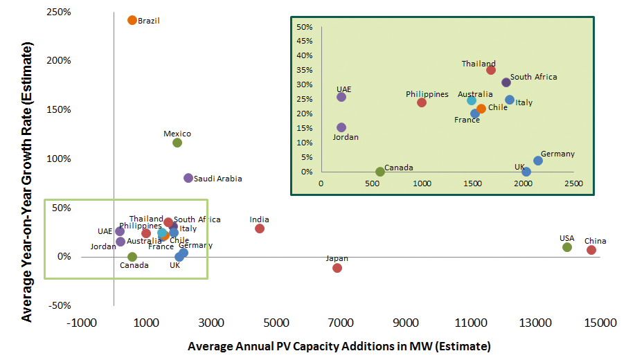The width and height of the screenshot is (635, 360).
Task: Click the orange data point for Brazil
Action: [x=132, y=20]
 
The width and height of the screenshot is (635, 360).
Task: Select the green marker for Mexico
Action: [x=177, y=143]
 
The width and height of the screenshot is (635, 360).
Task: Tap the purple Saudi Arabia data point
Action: [x=188, y=178]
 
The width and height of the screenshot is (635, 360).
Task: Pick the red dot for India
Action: [x=260, y=228]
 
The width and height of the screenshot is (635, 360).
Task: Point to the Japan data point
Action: [x=337, y=268]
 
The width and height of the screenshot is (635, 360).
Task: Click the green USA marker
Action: [x=567, y=247]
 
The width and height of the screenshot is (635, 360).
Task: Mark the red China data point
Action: [x=591, y=250]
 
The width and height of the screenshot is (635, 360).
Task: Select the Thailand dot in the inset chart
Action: [x=491, y=70]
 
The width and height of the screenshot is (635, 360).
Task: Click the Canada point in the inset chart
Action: [x=380, y=172]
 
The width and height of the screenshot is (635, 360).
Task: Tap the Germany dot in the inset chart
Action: [x=538, y=161]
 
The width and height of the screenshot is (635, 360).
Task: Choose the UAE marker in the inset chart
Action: [x=341, y=97]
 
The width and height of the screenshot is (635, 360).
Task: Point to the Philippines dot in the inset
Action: [x=422, y=102]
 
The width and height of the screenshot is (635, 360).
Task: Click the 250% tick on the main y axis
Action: [x=58, y=12]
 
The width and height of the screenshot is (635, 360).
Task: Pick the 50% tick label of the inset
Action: [x=305, y=27]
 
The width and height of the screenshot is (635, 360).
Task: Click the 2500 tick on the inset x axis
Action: [x=573, y=183]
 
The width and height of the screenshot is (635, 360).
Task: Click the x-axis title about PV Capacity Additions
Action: [x=339, y=345]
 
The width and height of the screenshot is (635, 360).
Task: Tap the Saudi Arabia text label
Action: [x=218, y=179]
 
